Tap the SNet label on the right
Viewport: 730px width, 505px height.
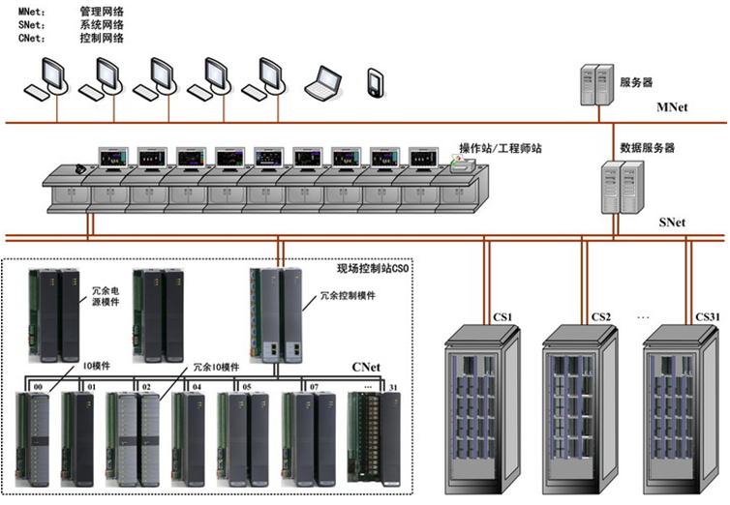[x=672, y=223]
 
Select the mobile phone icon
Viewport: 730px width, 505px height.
[x=376, y=82]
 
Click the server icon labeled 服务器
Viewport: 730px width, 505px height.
[x=597, y=84]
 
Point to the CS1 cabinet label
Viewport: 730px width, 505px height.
[x=502, y=316]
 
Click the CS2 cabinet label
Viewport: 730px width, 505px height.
[x=601, y=316]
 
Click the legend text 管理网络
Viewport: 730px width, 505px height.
[x=96, y=12]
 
